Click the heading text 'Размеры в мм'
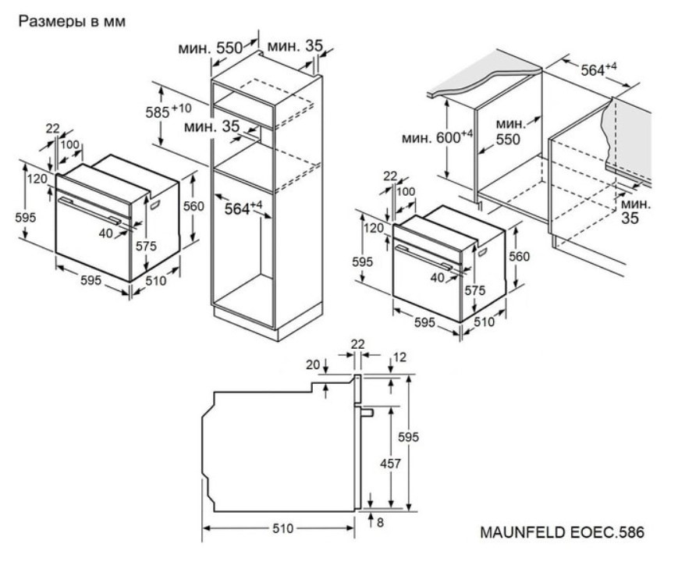click(72, 22)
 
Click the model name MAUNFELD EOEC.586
click(562, 533)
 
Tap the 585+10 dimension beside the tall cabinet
click(169, 110)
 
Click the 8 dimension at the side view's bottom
click(380, 523)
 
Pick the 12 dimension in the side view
click(400, 357)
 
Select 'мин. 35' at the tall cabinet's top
click(294, 47)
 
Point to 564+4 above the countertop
click(598, 69)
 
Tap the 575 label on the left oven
click(146, 246)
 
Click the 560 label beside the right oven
click(519, 257)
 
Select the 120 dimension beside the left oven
click(36, 179)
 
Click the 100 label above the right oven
click(406, 192)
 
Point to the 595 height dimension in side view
click(410, 438)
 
